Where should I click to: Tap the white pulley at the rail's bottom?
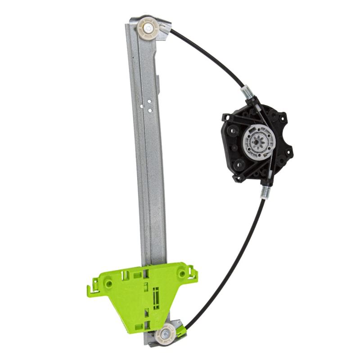pos(165,334)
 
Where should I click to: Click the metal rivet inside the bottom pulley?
pos(165,334)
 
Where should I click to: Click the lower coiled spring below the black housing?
pos(266,191)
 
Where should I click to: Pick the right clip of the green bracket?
pos(193,272)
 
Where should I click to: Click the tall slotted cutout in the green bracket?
pos(156,297)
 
